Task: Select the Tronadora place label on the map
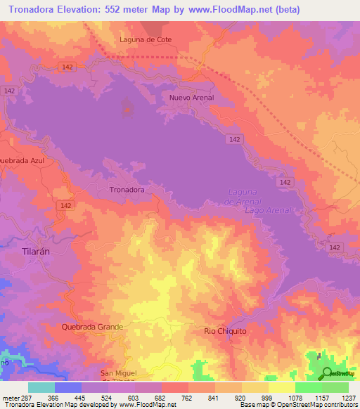(x=127, y=190)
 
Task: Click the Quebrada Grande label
(x=92, y=327)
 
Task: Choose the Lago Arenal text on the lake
(x=266, y=210)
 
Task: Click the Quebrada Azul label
(x=22, y=160)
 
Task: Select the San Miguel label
(x=117, y=372)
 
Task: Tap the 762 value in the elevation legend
(x=188, y=397)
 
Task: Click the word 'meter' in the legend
(x=10, y=397)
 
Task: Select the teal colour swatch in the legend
(x=41, y=387)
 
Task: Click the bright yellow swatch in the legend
(x=282, y=387)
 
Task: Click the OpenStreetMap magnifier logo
(x=327, y=374)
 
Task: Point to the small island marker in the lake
(x=127, y=108)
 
